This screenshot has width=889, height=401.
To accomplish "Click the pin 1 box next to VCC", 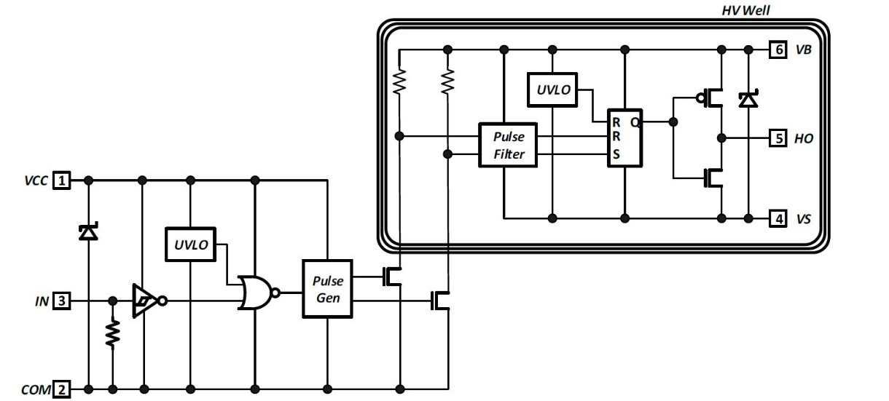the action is click(x=61, y=180).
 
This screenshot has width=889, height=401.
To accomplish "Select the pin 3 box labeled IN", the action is click(x=61, y=301).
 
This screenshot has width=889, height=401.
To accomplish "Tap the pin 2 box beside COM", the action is click(x=61, y=389).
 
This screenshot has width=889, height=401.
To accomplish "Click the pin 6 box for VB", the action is click(x=778, y=49).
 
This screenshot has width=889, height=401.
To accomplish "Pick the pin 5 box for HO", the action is click(x=778, y=138).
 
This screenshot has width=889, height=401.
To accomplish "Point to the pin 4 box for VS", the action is click(x=778, y=219).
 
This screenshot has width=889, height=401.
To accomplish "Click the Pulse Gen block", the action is click(x=327, y=289).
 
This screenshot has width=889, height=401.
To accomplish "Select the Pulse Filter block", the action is click(x=508, y=145).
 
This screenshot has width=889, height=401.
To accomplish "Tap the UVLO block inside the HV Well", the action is click(x=552, y=90).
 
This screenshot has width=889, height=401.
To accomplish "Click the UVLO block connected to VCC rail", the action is click(x=190, y=245).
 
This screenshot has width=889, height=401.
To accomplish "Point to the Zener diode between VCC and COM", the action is click(x=88, y=232).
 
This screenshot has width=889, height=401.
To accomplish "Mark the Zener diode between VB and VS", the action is click(x=748, y=99).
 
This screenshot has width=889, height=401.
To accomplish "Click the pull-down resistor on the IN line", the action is click(x=113, y=333).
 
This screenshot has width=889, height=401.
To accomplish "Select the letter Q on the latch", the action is click(x=635, y=122).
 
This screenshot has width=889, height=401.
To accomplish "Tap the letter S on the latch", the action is click(x=616, y=154).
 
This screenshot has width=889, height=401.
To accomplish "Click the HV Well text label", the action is click(x=745, y=11).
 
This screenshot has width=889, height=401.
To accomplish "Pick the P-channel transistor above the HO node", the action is click(x=710, y=98).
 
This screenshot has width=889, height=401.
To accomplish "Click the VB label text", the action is click(x=804, y=49).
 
